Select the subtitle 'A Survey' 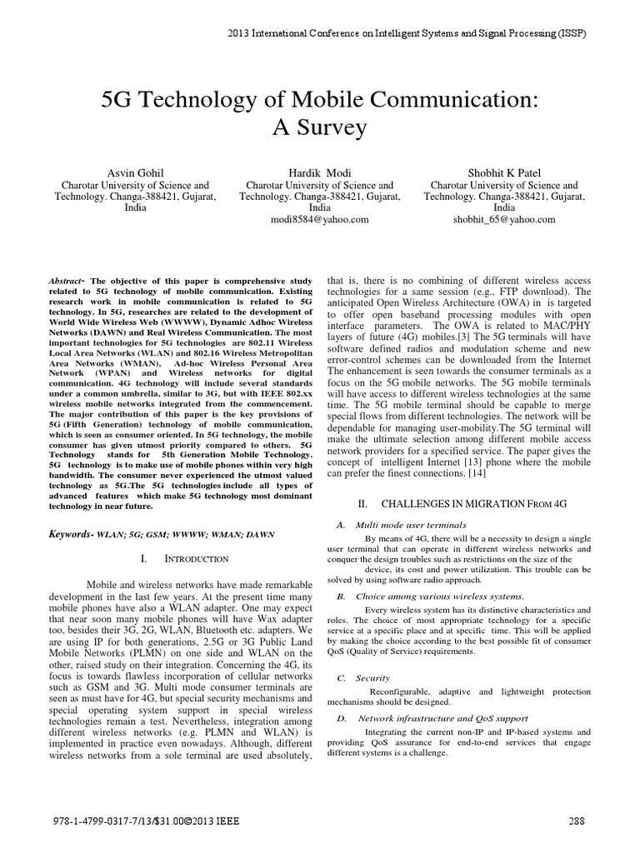320,128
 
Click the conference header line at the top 407,34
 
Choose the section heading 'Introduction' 185,557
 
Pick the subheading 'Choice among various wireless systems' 439,596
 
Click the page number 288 577,821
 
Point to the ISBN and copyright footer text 144,821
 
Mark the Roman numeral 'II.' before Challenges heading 362,505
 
